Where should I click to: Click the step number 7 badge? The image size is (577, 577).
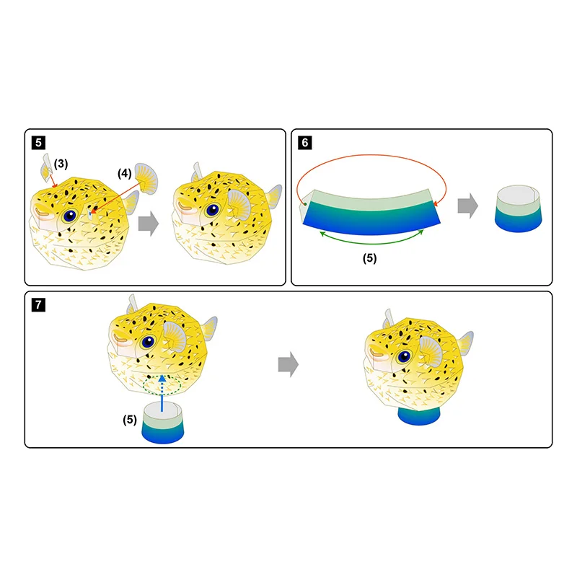[38, 304]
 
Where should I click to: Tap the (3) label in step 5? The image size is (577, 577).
[61, 164]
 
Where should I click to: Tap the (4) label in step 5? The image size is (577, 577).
[125, 173]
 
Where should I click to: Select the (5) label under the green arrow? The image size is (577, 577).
[369, 257]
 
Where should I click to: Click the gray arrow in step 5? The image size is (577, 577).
[149, 224]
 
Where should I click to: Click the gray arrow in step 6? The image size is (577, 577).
[467, 206]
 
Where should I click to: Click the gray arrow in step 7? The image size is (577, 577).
[288, 366]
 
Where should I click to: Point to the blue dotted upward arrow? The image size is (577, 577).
[162, 387]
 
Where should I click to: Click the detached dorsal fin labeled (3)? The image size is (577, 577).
[48, 168]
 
